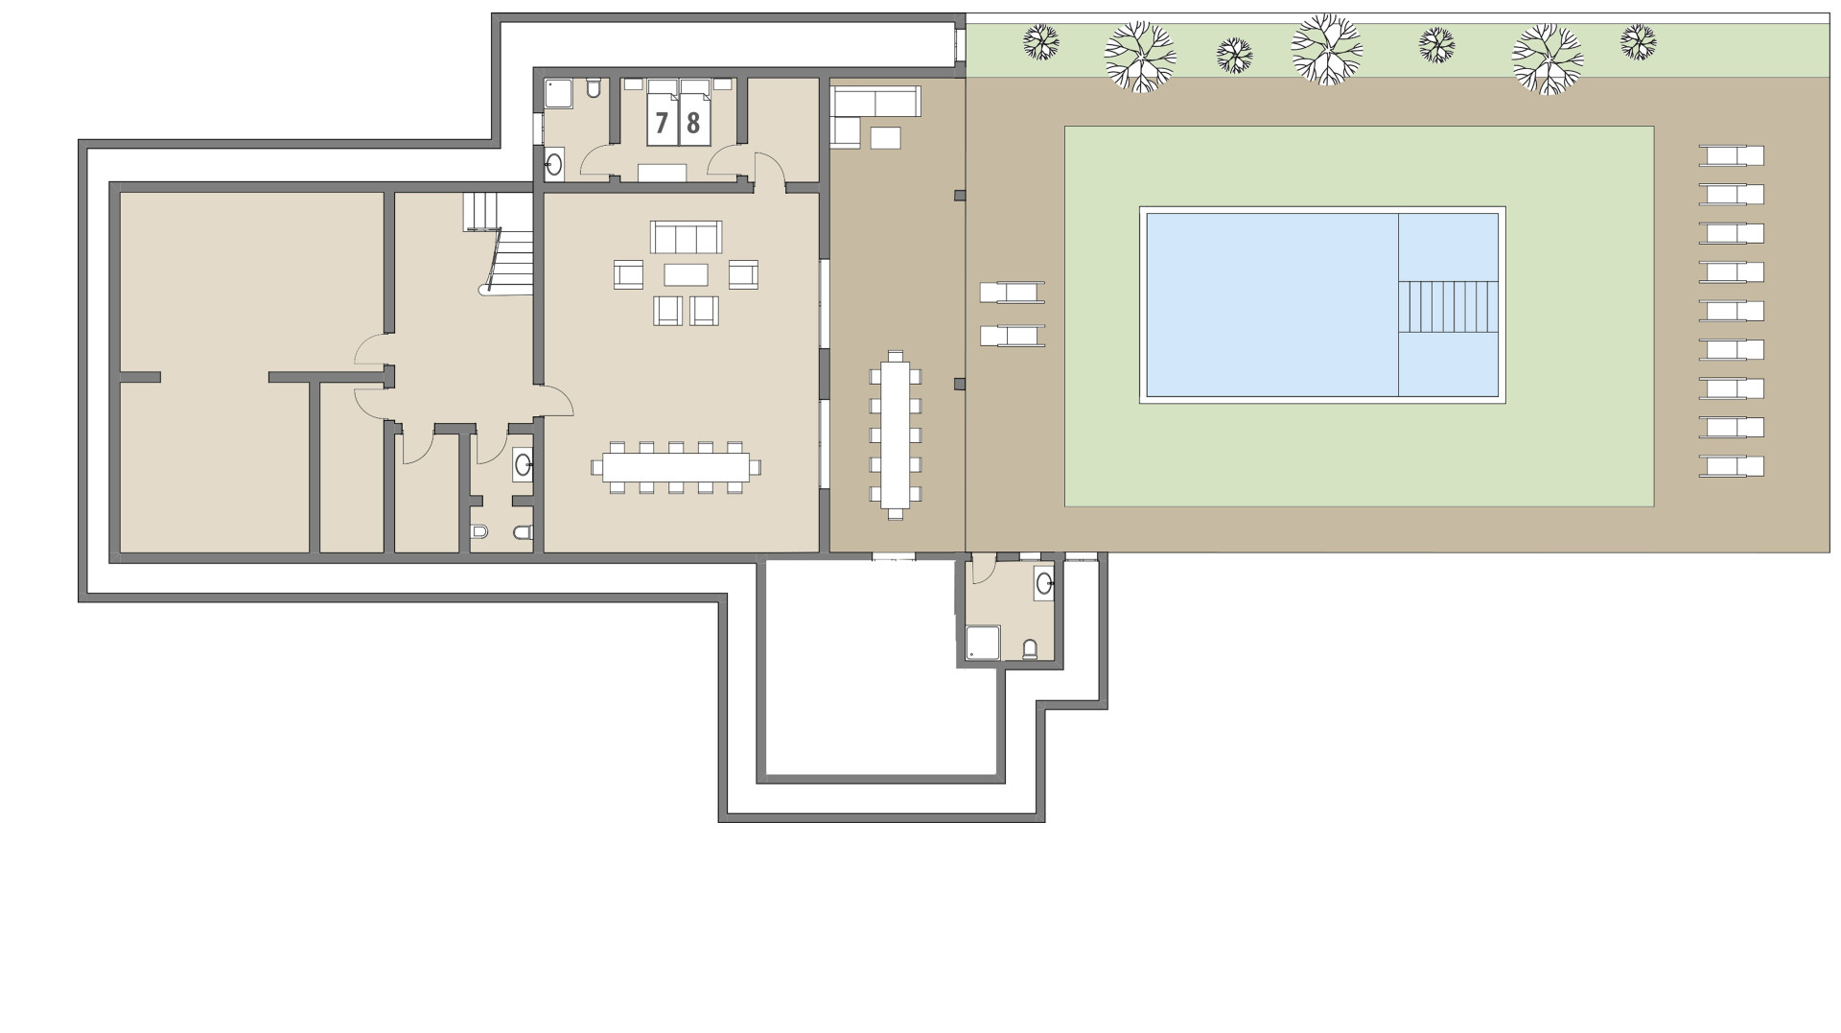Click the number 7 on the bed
click(662, 123)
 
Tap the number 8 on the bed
click(693, 123)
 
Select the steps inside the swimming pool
click(1448, 306)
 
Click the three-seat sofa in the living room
click(686, 236)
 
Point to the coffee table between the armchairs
click(686, 275)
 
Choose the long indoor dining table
click(675, 467)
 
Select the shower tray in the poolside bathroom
click(984, 643)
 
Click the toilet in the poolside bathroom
click(1030, 649)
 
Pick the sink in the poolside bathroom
click(1044, 581)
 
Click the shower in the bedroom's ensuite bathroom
click(559, 94)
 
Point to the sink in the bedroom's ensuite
click(554, 164)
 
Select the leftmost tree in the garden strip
click(1040, 41)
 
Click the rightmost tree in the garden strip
click(1638, 41)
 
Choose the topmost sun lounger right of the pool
click(1732, 155)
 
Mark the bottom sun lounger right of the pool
click(1732, 466)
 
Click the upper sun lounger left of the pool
click(1012, 292)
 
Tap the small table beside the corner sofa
click(886, 138)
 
